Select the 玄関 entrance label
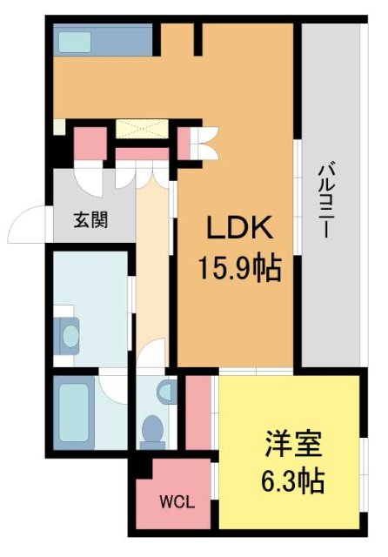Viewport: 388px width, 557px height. (90, 219)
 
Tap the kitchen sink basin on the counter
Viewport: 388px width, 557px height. (74, 41)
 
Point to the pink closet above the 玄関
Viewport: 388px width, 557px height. (89, 142)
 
